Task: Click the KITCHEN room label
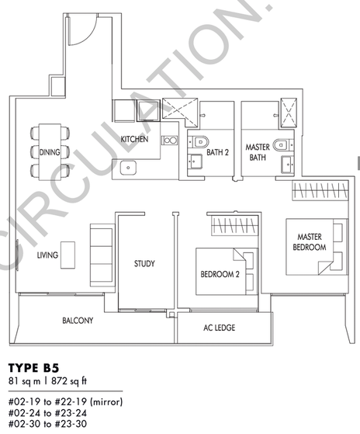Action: click(134, 139)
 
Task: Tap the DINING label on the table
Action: click(50, 152)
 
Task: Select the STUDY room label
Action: click(144, 263)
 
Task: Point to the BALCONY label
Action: click(78, 321)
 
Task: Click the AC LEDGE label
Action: click(220, 328)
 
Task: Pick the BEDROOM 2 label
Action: click(220, 274)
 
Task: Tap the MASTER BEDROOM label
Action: click(310, 242)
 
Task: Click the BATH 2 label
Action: click(217, 152)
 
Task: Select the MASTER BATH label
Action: click(258, 152)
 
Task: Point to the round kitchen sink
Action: click(128, 168)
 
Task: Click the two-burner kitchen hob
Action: click(169, 141)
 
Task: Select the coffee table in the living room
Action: click(67, 255)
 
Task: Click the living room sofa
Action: click(102, 255)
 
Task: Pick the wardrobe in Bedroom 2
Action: click(235, 226)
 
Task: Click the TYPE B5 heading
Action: click(33, 368)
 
